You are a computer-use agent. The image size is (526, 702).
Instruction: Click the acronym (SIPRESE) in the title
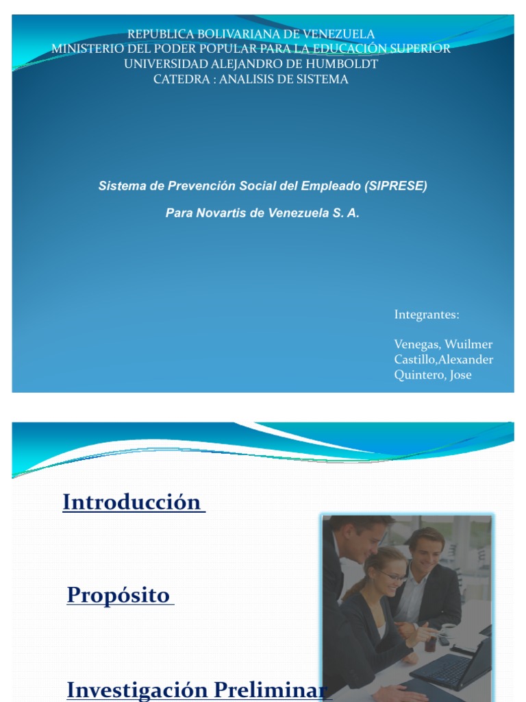pyautogui.click(x=396, y=186)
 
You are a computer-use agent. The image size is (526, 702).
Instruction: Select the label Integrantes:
pyautogui.click(x=427, y=315)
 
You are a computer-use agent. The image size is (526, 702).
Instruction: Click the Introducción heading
pyautogui.click(x=131, y=503)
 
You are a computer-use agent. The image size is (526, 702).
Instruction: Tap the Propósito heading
pyautogui.click(x=118, y=595)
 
